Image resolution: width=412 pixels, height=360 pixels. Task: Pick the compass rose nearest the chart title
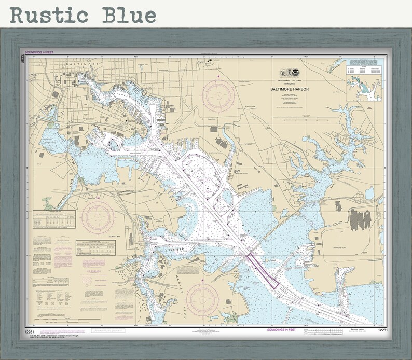click(218, 95)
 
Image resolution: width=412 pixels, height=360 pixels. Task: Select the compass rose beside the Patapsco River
click(98, 217)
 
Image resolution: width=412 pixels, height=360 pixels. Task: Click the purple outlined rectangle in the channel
click(263, 270)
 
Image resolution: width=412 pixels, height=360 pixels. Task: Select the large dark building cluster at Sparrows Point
click(359, 218)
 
